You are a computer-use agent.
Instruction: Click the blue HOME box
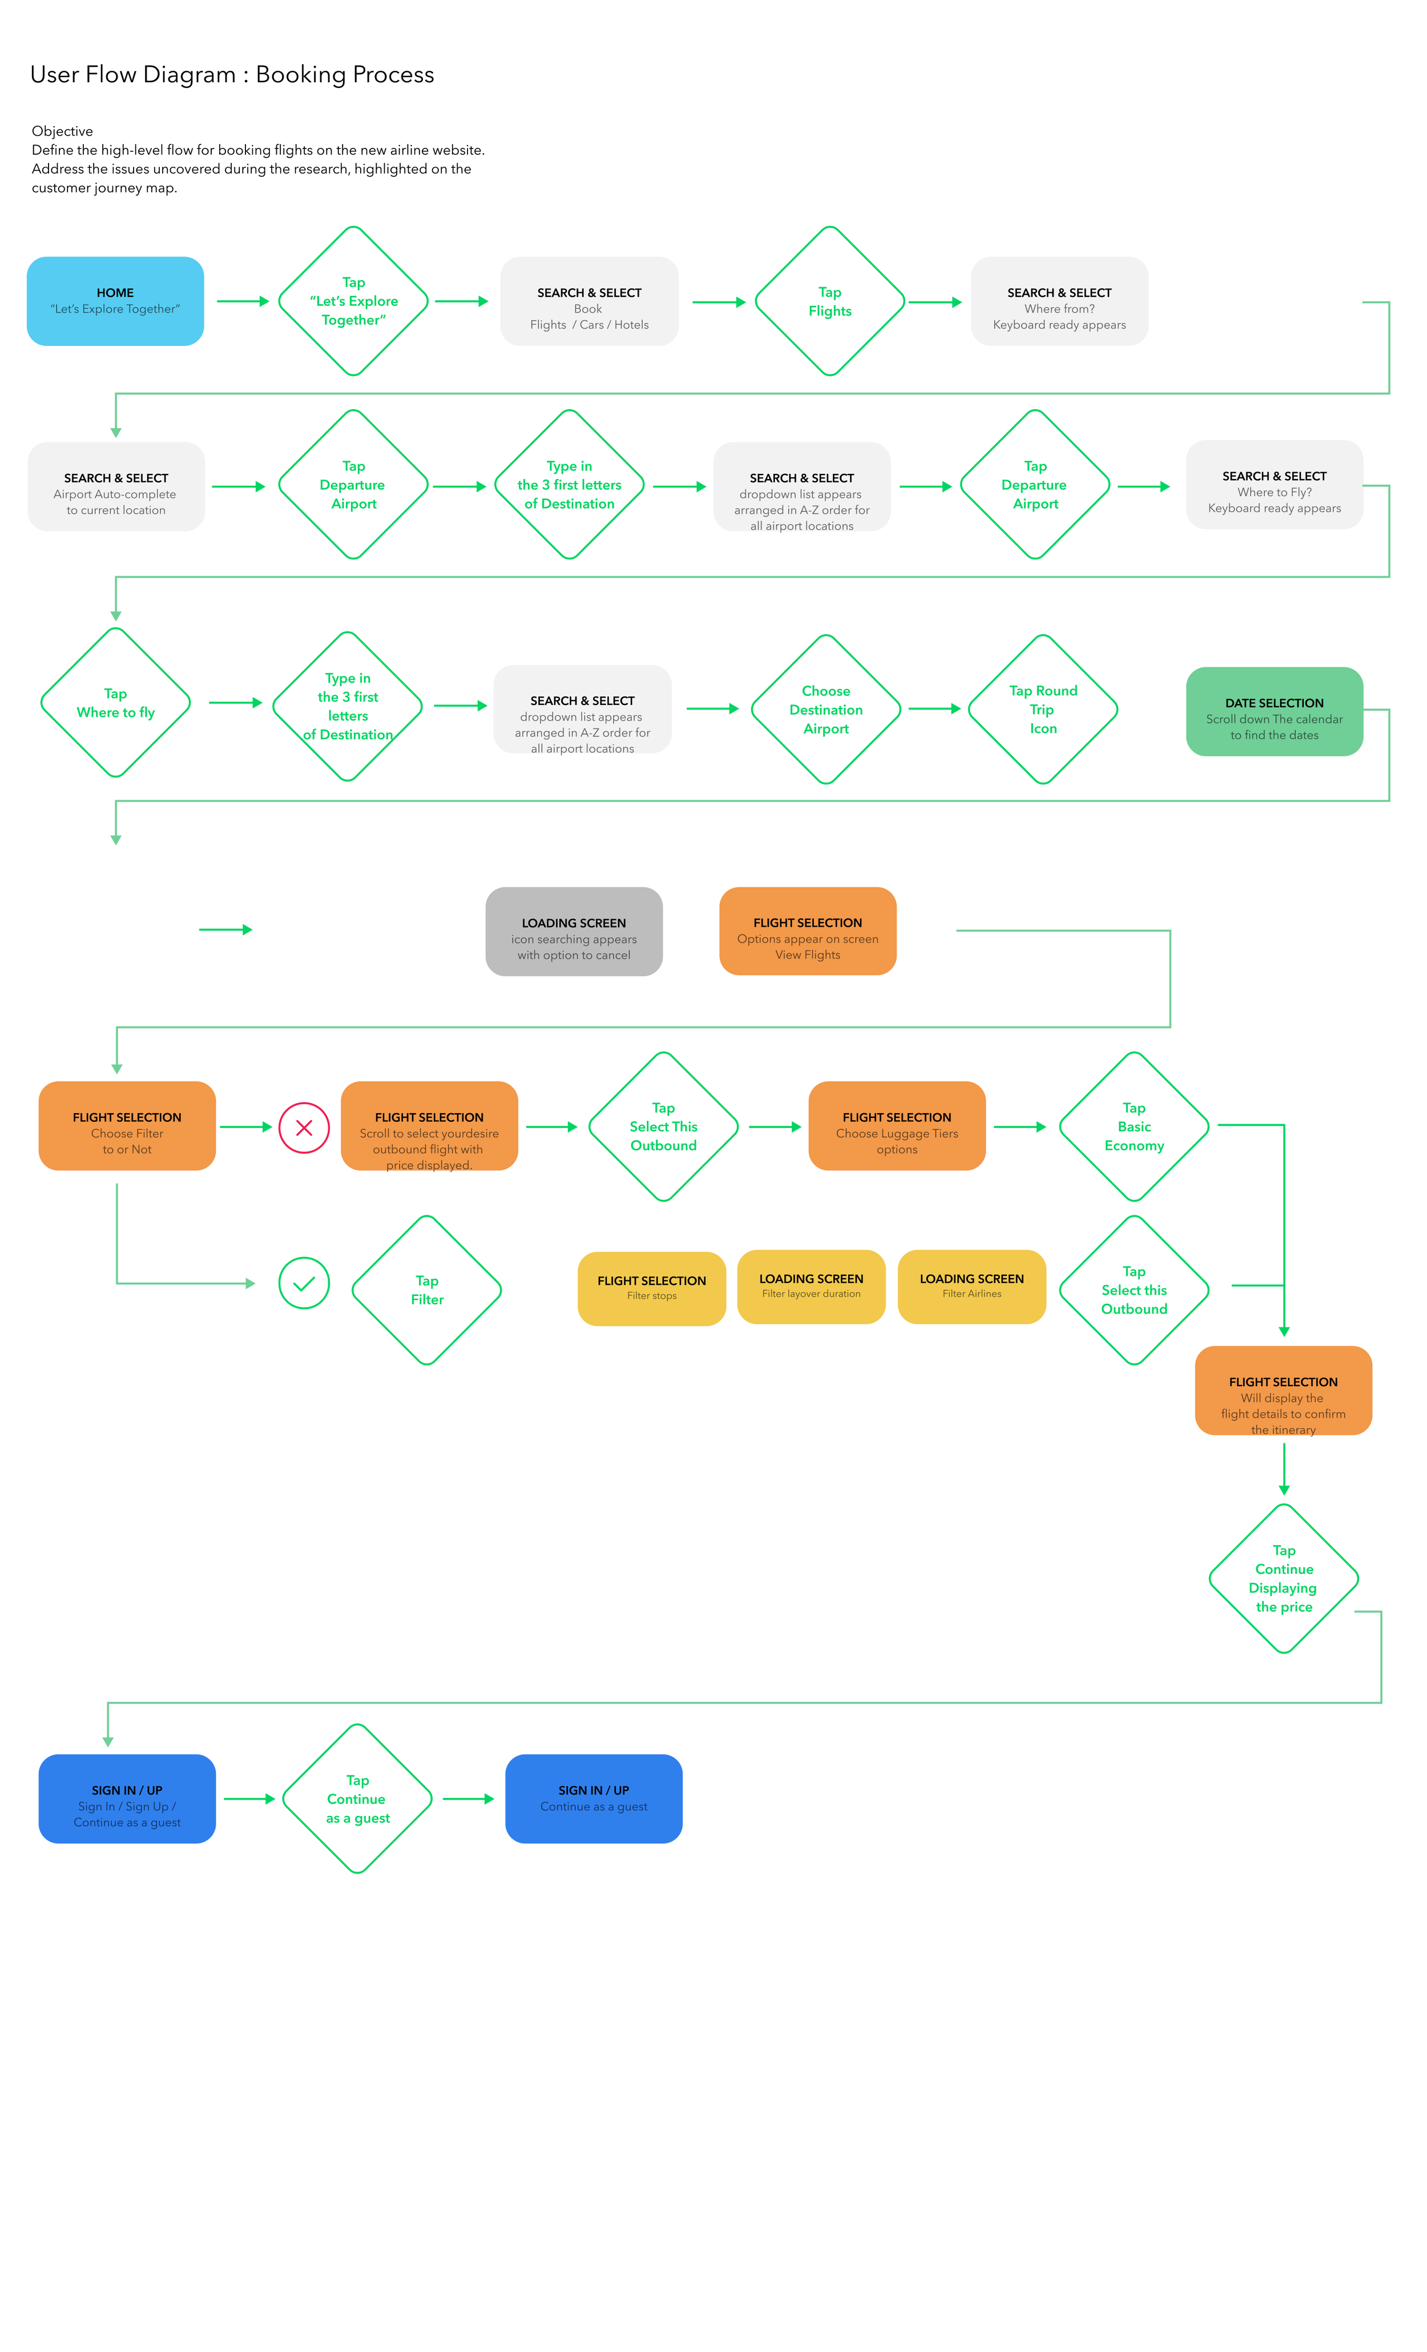click(x=115, y=301)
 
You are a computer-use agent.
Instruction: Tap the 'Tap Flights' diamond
click(x=829, y=301)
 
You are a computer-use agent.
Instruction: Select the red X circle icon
click(x=304, y=1127)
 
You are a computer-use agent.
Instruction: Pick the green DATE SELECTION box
click(x=1273, y=711)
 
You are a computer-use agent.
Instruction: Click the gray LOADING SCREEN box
click(x=574, y=932)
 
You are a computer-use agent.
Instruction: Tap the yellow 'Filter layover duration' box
click(x=811, y=1286)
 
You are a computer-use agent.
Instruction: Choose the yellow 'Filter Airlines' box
click(x=971, y=1286)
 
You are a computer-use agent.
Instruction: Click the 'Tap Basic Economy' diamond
click(x=1134, y=1126)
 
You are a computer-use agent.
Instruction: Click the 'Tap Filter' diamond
click(x=426, y=1290)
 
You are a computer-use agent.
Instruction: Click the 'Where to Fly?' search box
click(x=1273, y=485)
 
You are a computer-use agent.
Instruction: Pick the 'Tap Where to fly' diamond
click(x=115, y=703)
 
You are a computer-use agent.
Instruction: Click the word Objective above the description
click(x=62, y=131)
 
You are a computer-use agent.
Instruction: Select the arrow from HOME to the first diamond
click(x=243, y=301)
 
